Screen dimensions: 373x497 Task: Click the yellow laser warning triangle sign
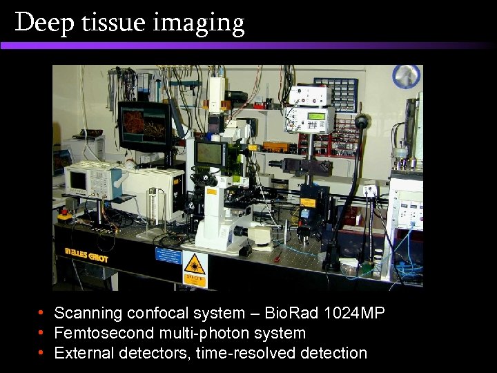tap(195, 265)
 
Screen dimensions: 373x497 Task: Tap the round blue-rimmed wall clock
tap(406, 77)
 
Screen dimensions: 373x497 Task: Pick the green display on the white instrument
tap(316, 116)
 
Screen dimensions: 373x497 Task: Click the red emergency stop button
tap(64, 214)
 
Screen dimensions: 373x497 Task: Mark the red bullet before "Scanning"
tap(42, 313)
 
